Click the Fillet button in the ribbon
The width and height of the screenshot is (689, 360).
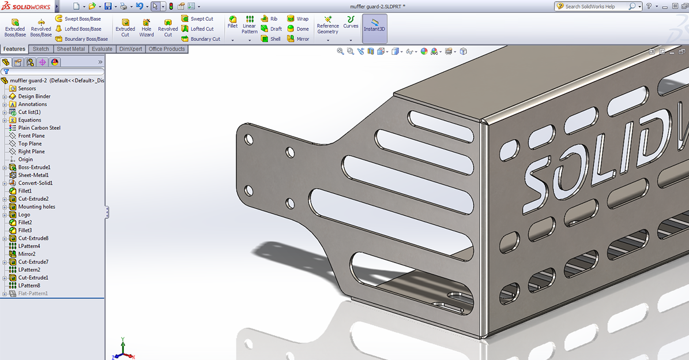click(232, 22)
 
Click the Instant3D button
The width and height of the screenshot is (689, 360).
click(374, 25)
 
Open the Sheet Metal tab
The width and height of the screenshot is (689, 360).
click(71, 49)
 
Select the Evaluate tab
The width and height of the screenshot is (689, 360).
click(102, 49)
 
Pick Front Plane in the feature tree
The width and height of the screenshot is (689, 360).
click(31, 136)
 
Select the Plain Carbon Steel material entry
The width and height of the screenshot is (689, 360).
click(39, 128)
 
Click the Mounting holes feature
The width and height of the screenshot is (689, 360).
click(37, 207)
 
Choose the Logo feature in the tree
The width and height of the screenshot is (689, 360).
click(24, 215)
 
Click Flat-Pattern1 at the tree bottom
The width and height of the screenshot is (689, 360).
click(33, 294)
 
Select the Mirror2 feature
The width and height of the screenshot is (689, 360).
click(27, 254)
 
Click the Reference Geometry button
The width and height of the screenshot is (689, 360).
click(327, 25)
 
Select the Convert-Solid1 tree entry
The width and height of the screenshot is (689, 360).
click(35, 183)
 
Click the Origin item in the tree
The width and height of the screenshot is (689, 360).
click(25, 159)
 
